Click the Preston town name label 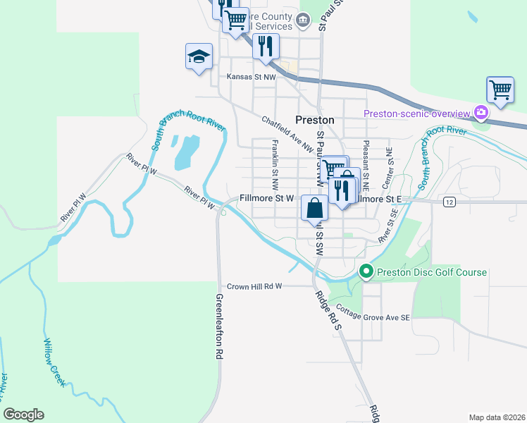pos(314,120)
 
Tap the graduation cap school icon pos(199,56)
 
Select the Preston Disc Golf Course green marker pos(366,271)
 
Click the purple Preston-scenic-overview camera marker pos(481,112)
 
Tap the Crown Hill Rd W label pos(254,286)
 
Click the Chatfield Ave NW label pos(287,134)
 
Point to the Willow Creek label pos(54,362)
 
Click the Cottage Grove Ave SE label pos(373,313)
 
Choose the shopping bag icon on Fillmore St pos(314,209)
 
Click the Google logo pos(23,415)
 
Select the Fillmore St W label pos(266,199)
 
